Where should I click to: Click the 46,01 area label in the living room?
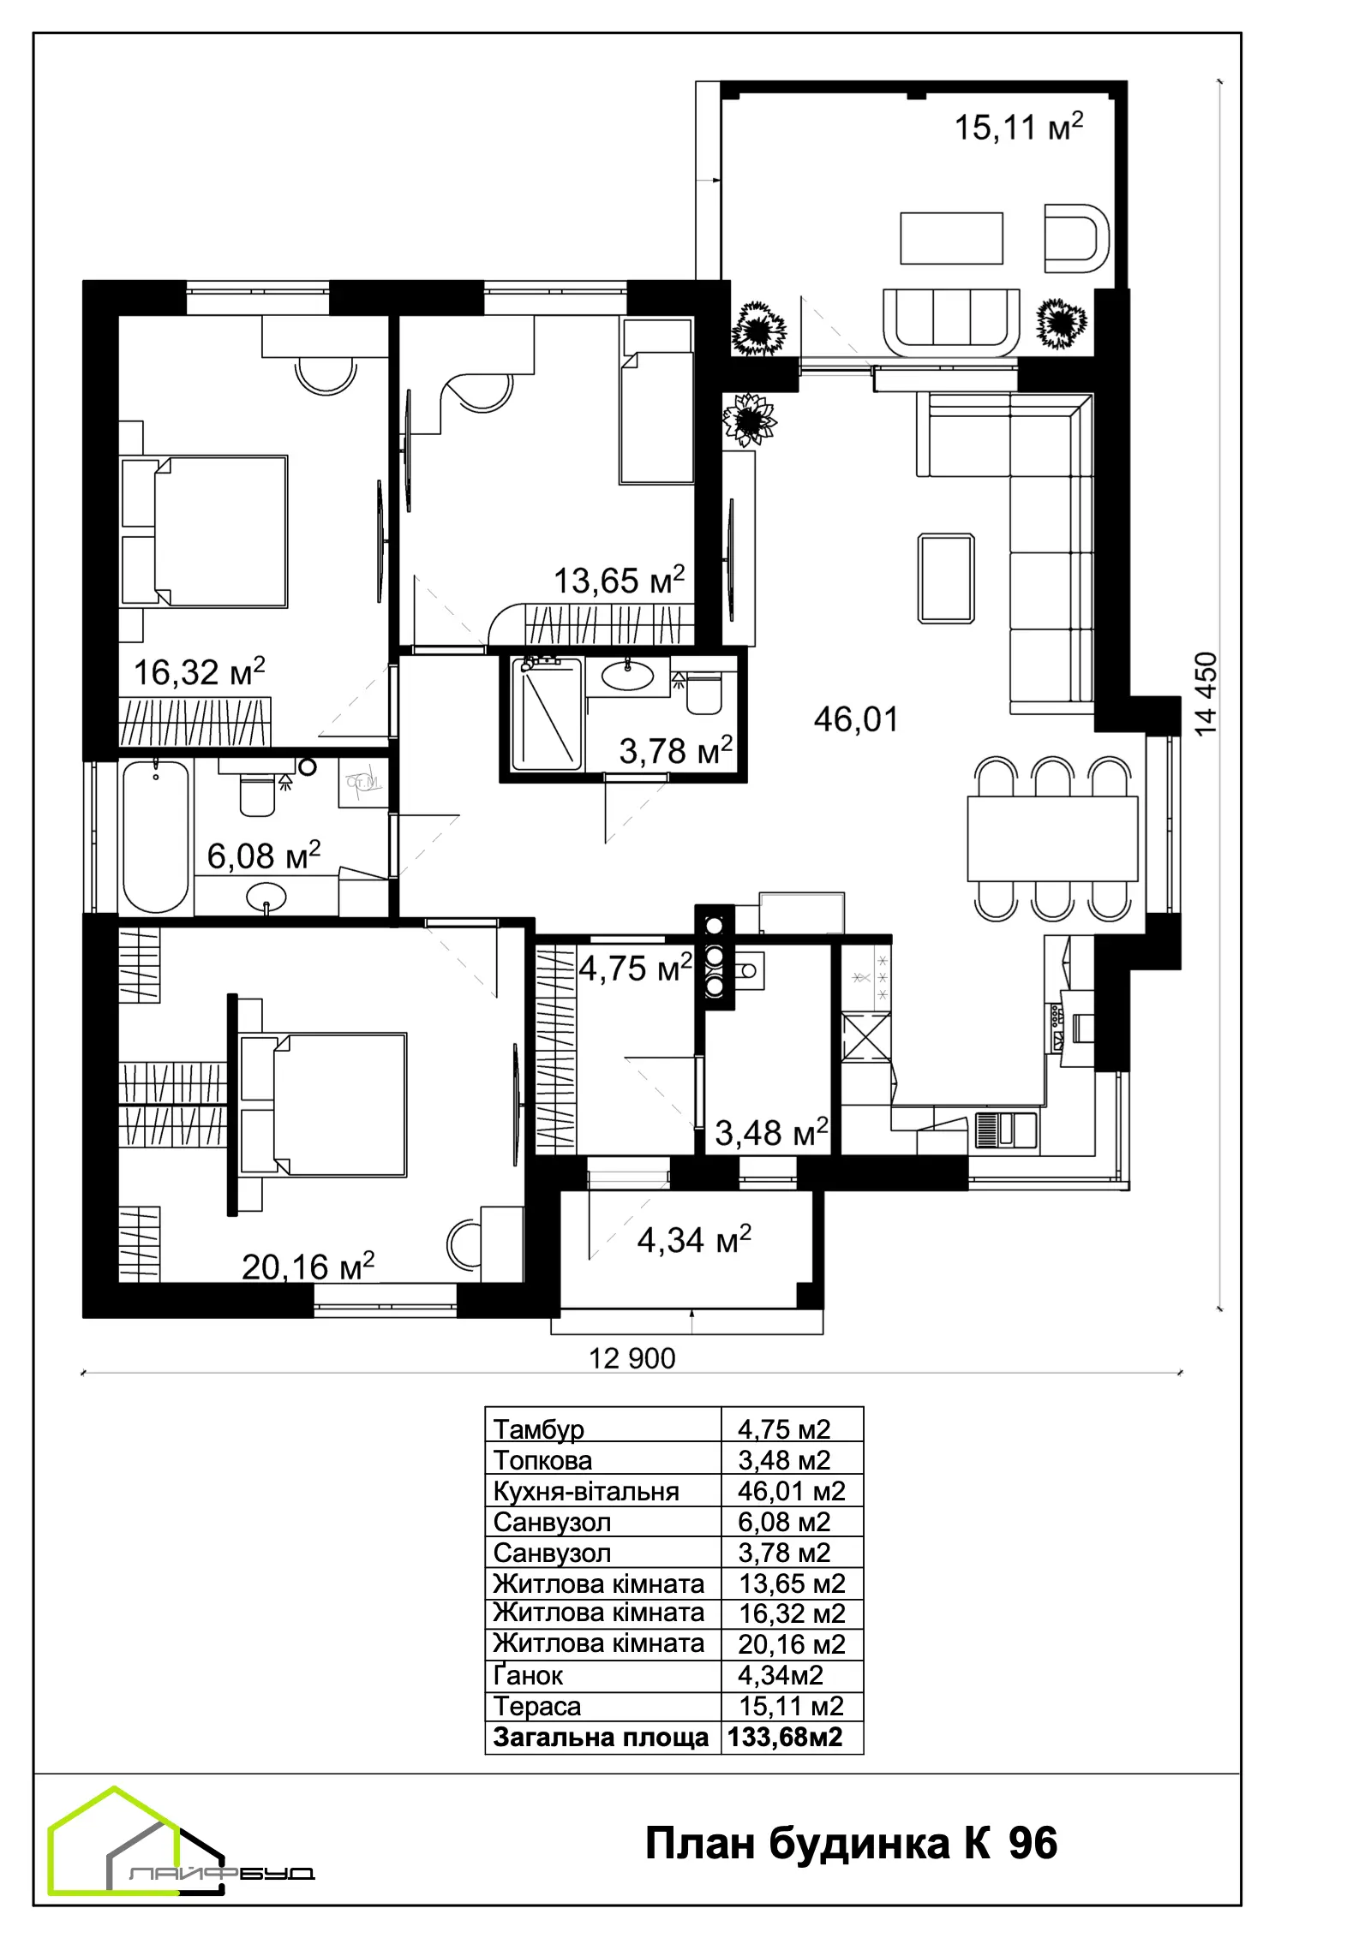pyautogui.click(x=856, y=719)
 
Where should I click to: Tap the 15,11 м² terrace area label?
pyautogui.click(x=1019, y=126)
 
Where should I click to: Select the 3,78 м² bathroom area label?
pyautogui.click(x=675, y=750)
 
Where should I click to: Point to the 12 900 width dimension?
pyautogui.click(x=632, y=1358)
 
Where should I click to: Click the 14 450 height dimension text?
pyautogui.click(x=1206, y=694)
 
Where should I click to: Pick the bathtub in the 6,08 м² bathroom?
pyautogui.click(x=156, y=837)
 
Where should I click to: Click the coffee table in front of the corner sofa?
pyautogui.click(x=946, y=578)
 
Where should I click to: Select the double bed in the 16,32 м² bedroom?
pyautogui.click(x=205, y=532)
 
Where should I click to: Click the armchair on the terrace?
pyautogui.click(x=1077, y=238)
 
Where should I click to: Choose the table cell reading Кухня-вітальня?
pyautogui.click(x=586, y=1491)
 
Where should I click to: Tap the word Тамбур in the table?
pyautogui.click(x=539, y=1429)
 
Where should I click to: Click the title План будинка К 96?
pyautogui.click(x=851, y=1843)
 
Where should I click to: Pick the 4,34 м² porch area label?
pyautogui.click(x=694, y=1239)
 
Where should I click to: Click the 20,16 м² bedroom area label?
pyautogui.click(x=308, y=1266)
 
